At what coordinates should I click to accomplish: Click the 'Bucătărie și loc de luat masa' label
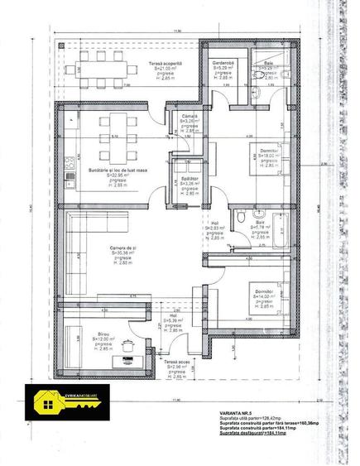pos(118,169)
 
